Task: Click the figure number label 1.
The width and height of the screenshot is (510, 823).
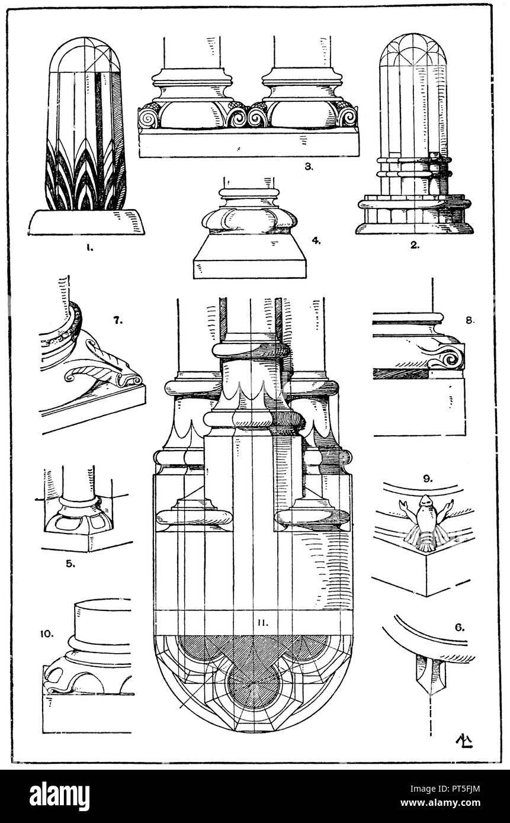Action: [x=89, y=247]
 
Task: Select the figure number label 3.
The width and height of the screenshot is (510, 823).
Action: [x=309, y=166]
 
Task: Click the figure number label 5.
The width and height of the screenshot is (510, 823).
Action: [x=70, y=563]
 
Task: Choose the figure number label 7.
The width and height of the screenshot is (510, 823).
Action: [x=118, y=320]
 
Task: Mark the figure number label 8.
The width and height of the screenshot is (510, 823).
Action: [x=470, y=320]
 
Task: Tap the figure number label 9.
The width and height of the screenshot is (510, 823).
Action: [x=428, y=478]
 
